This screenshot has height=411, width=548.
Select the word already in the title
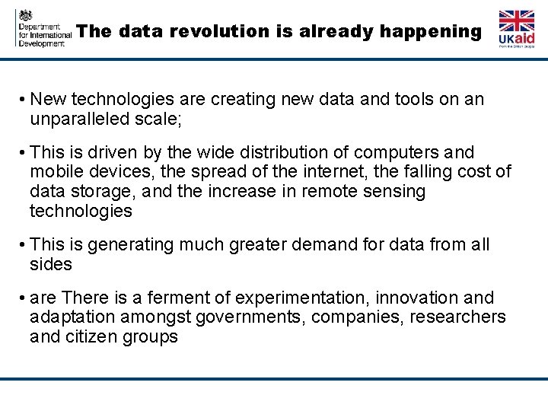[x=333, y=32]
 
